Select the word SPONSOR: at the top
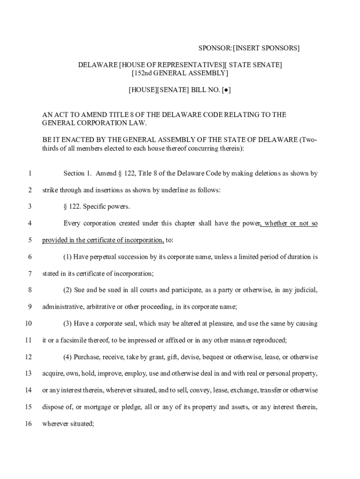215,48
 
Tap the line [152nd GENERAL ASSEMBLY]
180,73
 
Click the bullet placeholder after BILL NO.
226,90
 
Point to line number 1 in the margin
30,174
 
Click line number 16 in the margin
29,424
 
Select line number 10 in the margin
29,324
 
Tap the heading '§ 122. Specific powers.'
96,207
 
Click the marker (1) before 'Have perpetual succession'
68,257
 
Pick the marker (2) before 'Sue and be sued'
68,290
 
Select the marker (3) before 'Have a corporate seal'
68,324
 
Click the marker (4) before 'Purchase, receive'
68,357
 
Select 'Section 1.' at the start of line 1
77,174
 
